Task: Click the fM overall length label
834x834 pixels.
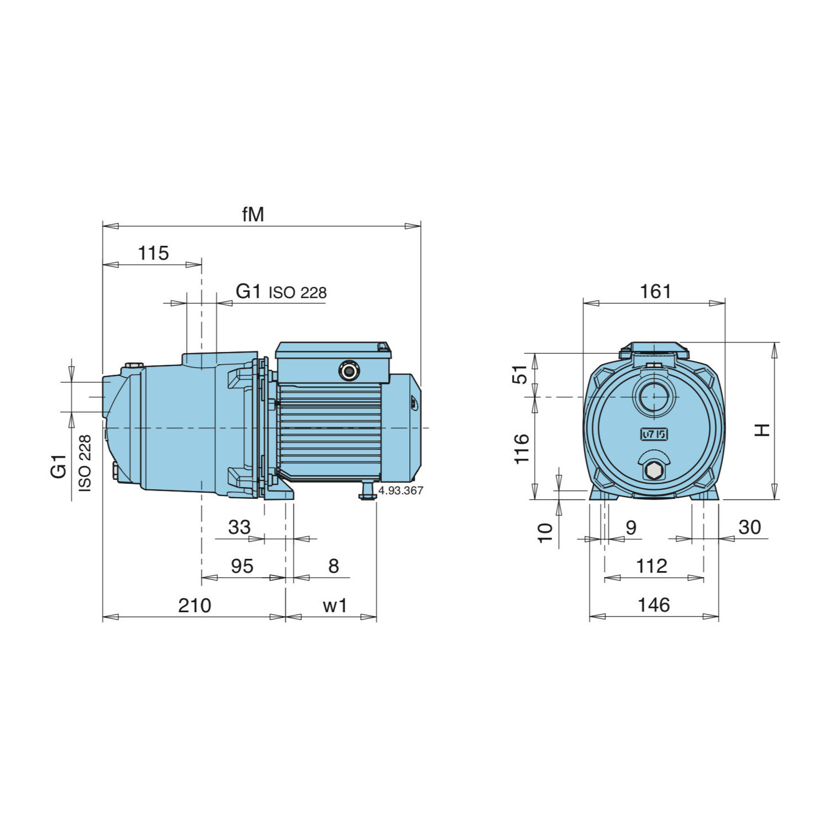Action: coord(253,215)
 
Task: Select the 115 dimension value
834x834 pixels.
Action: coord(153,254)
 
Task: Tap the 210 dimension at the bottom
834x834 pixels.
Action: coord(194,605)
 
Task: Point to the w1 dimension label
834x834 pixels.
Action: coord(335,605)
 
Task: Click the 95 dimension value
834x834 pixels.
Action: coord(242,567)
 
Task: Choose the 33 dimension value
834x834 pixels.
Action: coord(239,527)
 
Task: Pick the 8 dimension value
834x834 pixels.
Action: coord(333,566)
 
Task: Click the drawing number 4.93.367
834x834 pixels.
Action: coord(400,490)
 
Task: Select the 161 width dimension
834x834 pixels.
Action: coord(655,292)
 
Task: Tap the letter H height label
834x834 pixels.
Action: coord(762,430)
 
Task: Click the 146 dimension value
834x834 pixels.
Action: coord(653,605)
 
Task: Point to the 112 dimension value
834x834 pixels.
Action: coord(651,567)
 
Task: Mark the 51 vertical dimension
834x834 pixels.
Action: coord(520,374)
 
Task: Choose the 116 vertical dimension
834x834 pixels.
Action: coord(522,449)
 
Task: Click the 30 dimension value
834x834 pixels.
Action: coord(749,527)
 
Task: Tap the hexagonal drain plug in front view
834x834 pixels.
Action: coord(654,470)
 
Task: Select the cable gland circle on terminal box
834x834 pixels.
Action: coord(349,370)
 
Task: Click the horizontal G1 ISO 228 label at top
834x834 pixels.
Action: coord(281,292)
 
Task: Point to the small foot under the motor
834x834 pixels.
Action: coord(367,491)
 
